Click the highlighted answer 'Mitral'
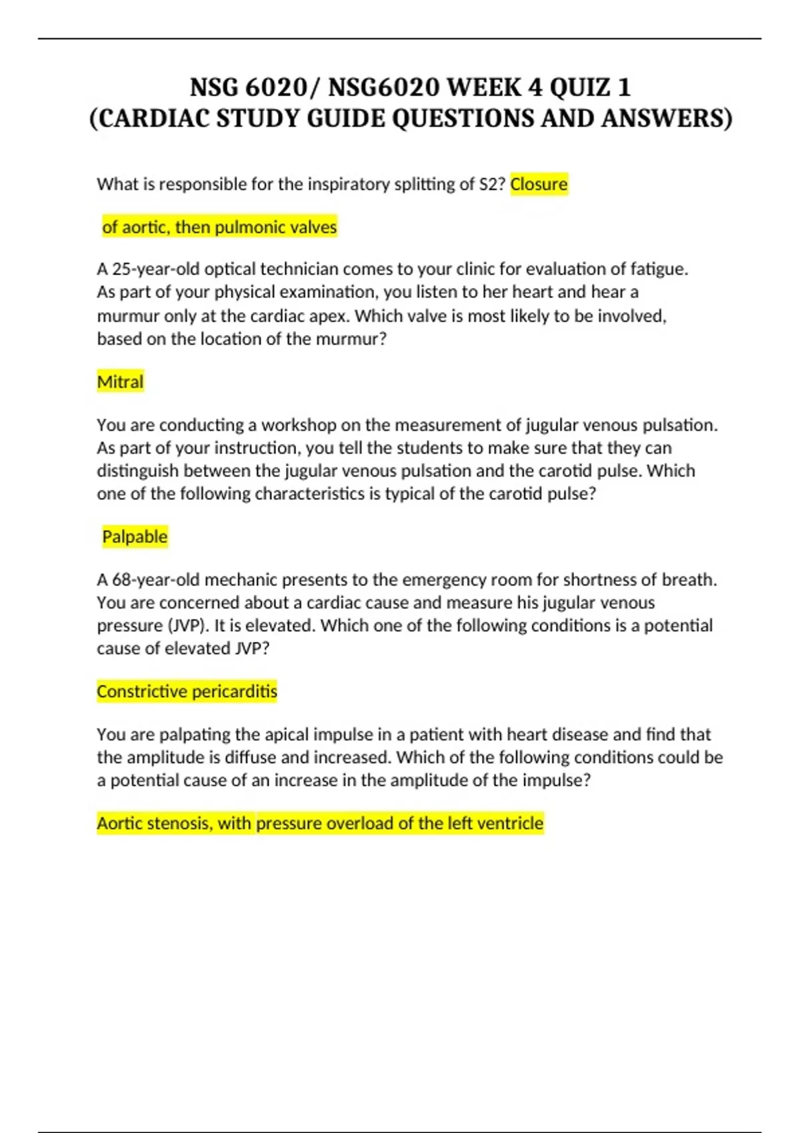point(120,382)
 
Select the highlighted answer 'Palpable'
point(135,537)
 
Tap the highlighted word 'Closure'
point(539,184)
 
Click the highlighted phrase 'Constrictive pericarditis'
point(187,691)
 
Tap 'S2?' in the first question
point(492,184)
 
